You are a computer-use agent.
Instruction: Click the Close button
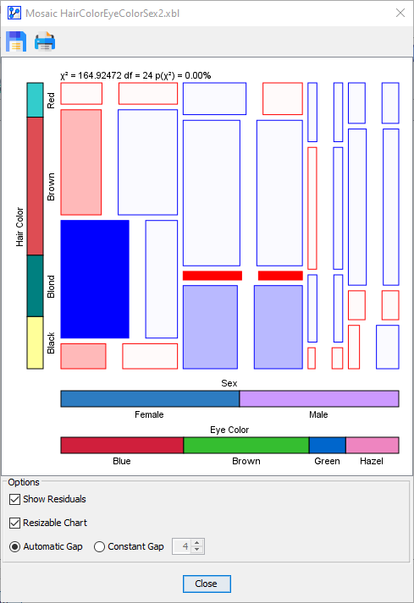coord(206,584)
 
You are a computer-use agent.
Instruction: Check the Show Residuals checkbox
coord(15,499)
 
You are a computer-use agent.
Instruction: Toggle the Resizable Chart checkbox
coord(15,523)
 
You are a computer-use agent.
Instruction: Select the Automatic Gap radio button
coord(15,546)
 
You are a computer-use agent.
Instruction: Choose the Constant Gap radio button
coord(100,546)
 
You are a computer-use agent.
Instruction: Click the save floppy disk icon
coord(15,41)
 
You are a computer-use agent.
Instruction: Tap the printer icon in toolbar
coord(45,41)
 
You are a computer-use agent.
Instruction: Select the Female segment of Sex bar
coord(150,398)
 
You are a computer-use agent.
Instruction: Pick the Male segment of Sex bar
coord(319,398)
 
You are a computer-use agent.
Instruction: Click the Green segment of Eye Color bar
coord(327,445)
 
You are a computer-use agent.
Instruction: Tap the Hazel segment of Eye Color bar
coord(372,445)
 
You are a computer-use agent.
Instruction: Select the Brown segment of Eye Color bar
coord(246,445)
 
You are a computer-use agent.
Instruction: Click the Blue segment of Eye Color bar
coord(122,445)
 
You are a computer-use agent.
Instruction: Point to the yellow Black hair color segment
coord(35,343)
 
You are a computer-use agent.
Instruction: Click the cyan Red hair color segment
coord(35,100)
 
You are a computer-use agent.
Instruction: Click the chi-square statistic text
coord(135,75)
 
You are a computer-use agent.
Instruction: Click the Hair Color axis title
coord(19,226)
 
